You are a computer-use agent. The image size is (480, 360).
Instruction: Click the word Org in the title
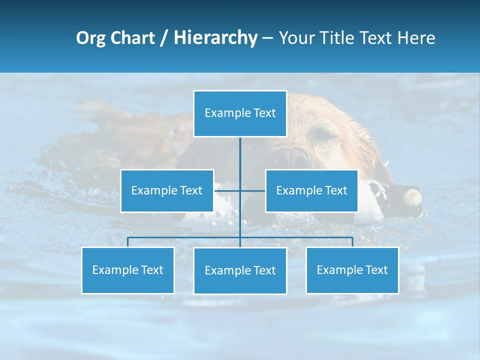pyautogui.click(x=91, y=38)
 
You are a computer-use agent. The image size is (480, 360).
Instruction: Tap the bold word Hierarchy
pyautogui.click(x=215, y=38)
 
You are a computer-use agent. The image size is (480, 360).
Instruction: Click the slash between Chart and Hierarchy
pyautogui.click(x=164, y=38)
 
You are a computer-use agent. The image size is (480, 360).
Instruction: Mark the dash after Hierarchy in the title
pyautogui.click(x=267, y=38)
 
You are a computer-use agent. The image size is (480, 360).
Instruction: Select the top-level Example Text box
pyautogui.click(x=240, y=113)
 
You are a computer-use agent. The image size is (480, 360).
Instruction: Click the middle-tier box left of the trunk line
pyautogui.click(x=167, y=190)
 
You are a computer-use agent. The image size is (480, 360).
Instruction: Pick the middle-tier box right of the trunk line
pyautogui.click(x=311, y=190)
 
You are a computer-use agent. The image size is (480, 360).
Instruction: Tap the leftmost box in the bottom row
pyautogui.click(x=128, y=270)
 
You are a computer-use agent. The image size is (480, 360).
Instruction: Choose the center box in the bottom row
pyautogui.click(x=240, y=270)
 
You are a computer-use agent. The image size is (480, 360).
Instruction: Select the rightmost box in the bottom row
pyautogui.click(x=352, y=270)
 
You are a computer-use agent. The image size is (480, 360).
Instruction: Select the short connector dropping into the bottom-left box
pyautogui.click(x=127, y=242)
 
